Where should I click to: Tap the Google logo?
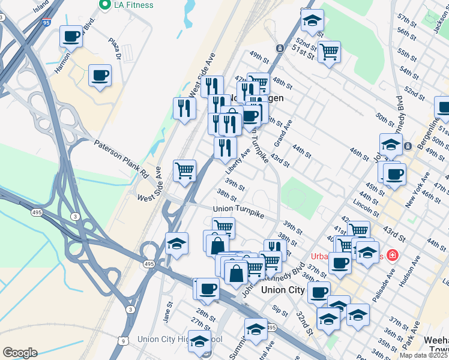tap(20, 353)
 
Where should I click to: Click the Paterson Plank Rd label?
tap(121, 159)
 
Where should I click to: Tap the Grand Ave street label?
tap(283, 133)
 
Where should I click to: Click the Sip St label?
tap(280, 310)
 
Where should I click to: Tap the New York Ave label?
tap(417, 190)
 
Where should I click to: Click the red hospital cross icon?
tap(393, 255)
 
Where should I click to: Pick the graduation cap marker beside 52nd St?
tap(312, 22)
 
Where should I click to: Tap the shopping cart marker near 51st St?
tap(329, 53)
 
